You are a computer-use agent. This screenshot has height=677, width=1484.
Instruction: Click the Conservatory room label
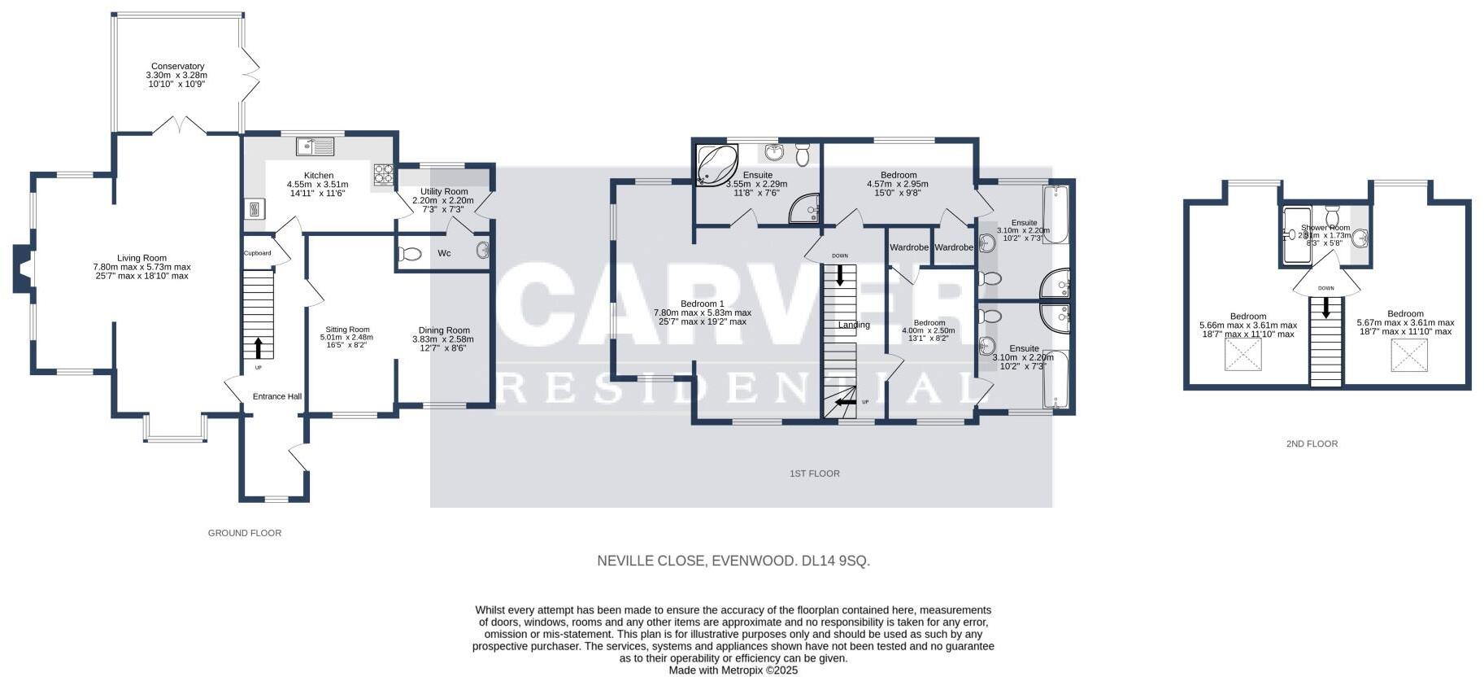(x=176, y=67)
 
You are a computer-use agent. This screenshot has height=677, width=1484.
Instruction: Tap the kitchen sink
(x=315, y=147)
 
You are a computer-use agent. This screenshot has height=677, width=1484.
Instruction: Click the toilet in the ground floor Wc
(x=409, y=255)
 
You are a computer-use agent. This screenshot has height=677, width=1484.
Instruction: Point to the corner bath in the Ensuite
(x=716, y=165)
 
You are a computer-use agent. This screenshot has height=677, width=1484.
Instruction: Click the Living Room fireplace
(x=22, y=268)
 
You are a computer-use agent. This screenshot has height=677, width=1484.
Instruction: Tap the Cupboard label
(x=258, y=253)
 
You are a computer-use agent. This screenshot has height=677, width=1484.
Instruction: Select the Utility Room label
(x=444, y=192)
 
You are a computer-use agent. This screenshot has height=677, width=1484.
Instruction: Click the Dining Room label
(x=443, y=330)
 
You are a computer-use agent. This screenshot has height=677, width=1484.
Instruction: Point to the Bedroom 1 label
(x=702, y=304)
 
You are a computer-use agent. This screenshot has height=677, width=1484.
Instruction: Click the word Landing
(x=854, y=325)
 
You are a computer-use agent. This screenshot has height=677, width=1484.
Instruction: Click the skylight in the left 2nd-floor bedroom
(x=1243, y=355)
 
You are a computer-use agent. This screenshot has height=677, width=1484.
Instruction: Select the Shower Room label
(x=1325, y=228)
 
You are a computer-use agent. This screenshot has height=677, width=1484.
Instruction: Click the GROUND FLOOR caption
(x=245, y=533)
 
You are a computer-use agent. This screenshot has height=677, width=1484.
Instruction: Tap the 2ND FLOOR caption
(x=1312, y=443)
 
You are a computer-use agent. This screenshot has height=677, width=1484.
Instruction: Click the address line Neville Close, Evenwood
(x=733, y=561)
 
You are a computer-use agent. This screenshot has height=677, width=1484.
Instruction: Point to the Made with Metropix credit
(x=733, y=670)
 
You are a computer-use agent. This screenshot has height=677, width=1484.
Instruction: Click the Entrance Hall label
(x=277, y=396)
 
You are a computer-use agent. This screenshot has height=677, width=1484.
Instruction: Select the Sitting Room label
(x=347, y=330)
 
